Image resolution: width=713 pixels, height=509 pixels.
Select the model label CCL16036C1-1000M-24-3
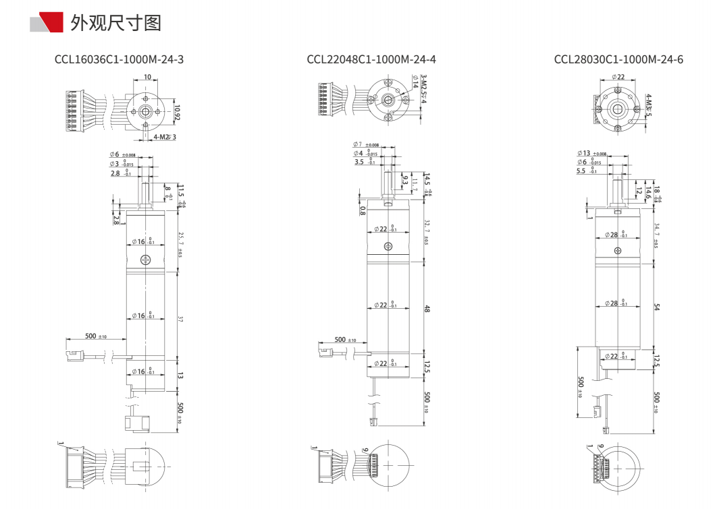119,59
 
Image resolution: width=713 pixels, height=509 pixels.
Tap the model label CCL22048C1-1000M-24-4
371,59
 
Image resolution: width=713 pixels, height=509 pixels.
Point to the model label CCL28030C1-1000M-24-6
618,59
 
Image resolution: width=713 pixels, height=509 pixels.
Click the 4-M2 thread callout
164,138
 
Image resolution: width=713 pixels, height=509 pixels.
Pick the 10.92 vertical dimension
177,112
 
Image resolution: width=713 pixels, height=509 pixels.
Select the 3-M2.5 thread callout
423,89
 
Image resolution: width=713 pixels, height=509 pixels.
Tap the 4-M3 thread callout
648,105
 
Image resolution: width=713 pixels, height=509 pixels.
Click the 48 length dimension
427,309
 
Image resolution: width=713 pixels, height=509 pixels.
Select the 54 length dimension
656,307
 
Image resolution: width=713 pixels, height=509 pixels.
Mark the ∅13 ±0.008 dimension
592,154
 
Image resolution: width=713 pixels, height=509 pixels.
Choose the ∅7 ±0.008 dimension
365,145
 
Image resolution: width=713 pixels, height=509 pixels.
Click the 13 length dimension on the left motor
180,375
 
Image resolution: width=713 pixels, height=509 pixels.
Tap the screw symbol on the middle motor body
388,247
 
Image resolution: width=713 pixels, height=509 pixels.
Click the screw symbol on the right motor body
618,251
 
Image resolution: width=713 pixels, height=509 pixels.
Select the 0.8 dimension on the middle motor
363,210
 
